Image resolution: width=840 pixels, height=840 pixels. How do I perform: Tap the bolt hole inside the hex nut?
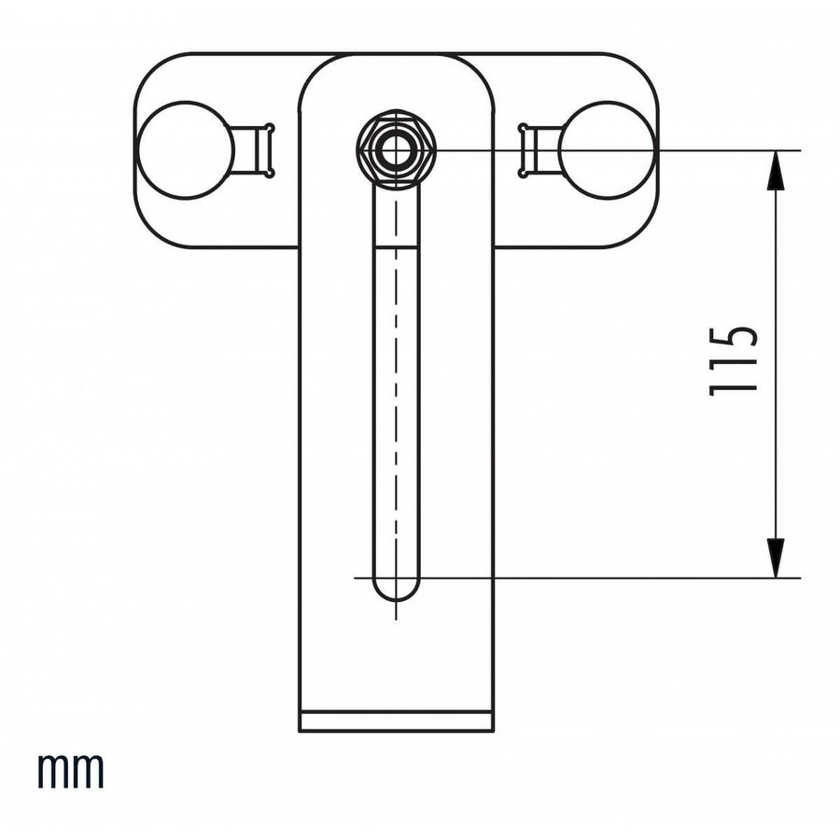[x=397, y=149]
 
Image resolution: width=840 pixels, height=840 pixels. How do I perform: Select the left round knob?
[x=184, y=149]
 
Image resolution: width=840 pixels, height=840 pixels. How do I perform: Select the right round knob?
[x=606, y=149]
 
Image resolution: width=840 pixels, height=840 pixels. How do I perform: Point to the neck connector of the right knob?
[x=539, y=149]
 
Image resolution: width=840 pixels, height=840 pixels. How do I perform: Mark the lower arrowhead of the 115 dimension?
[x=775, y=557]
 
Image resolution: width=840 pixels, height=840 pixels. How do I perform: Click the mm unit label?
[x=71, y=772]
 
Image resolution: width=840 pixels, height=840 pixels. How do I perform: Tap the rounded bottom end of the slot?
[x=397, y=588]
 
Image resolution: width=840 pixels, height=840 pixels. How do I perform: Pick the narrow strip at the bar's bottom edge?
[x=396, y=721]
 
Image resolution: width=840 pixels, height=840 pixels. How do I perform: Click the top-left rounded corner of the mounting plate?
[x=151, y=69]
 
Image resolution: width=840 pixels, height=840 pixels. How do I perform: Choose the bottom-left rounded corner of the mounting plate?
[x=151, y=231]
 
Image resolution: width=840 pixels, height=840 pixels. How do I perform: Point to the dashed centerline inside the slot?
[x=396, y=373]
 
